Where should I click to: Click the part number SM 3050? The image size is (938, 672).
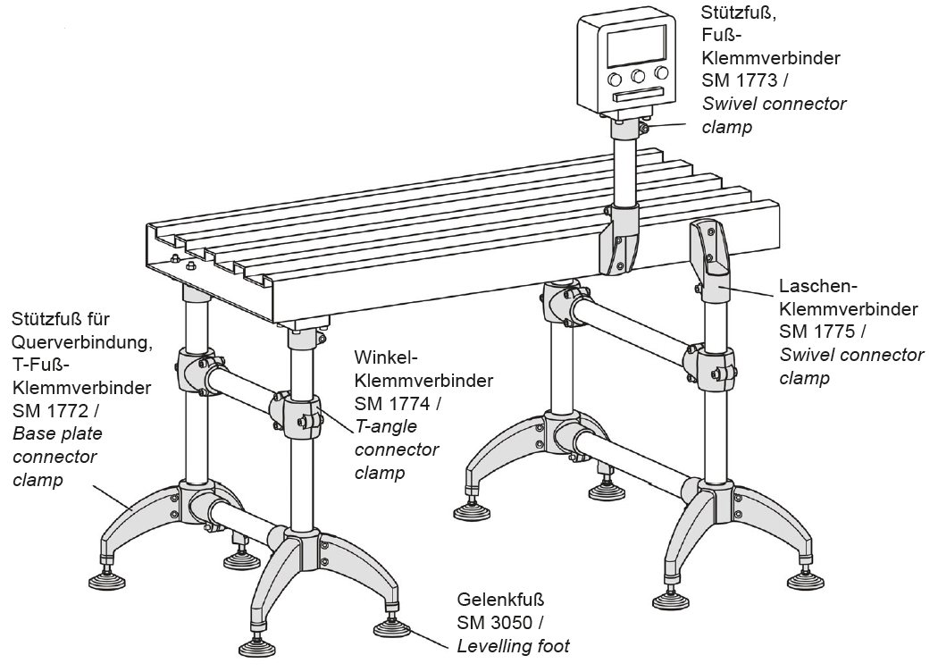[495, 622]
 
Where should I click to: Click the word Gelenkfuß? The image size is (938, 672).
[500, 599]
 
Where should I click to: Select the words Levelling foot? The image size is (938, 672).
[513, 645]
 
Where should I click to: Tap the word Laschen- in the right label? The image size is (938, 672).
[818, 286]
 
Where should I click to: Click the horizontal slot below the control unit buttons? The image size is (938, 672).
[638, 94]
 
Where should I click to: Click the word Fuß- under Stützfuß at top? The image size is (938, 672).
[720, 37]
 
